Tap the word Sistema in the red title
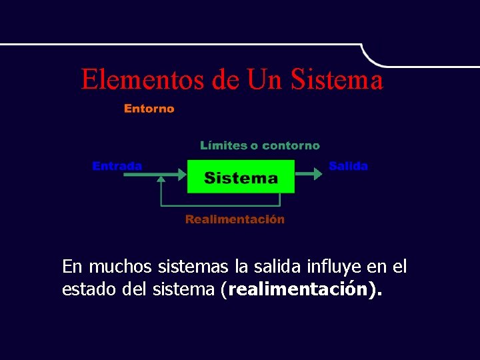tap(339, 79)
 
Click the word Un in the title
tap(265, 79)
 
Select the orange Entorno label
tap(149, 109)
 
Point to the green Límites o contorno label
tap(260, 145)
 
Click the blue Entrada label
tap(117, 166)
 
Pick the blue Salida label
tap(348, 166)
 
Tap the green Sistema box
tap(241, 177)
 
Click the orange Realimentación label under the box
tap(235, 219)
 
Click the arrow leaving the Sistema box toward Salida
tap(308, 174)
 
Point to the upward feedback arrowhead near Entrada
tap(161, 179)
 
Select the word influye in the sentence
tap(335, 267)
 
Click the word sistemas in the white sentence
tap(194, 267)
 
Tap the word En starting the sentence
tap(72, 267)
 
